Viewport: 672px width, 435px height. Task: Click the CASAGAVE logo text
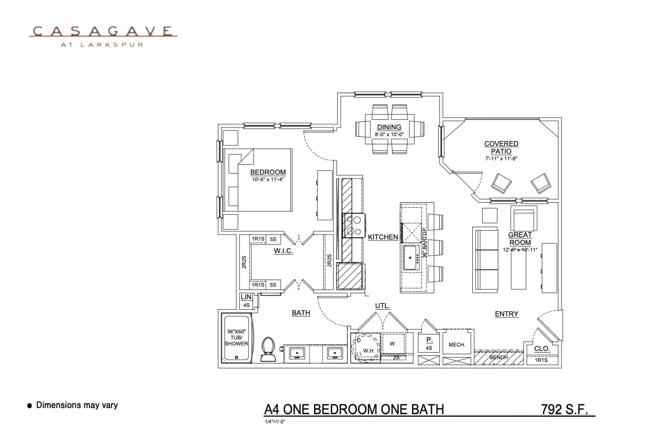(103, 31)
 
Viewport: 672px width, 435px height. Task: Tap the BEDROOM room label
(268, 172)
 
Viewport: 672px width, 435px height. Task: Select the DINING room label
(389, 127)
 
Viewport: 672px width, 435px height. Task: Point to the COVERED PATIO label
(501, 147)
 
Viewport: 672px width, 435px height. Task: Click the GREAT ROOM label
(519, 238)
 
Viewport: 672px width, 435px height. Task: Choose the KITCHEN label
(383, 237)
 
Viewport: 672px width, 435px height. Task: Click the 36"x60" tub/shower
(236, 338)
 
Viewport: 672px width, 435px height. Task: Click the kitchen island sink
(413, 257)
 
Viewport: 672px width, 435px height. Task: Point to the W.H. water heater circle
(366, 347)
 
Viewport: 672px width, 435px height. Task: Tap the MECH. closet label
(457, 345)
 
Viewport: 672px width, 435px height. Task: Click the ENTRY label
(506, 314)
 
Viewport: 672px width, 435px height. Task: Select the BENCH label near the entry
(499, 357)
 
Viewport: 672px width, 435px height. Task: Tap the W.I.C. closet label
(283, 251)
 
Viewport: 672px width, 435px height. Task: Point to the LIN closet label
(246, 297)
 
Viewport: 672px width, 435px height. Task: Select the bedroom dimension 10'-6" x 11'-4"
(268, 179)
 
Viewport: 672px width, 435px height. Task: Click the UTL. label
(383, 305)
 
